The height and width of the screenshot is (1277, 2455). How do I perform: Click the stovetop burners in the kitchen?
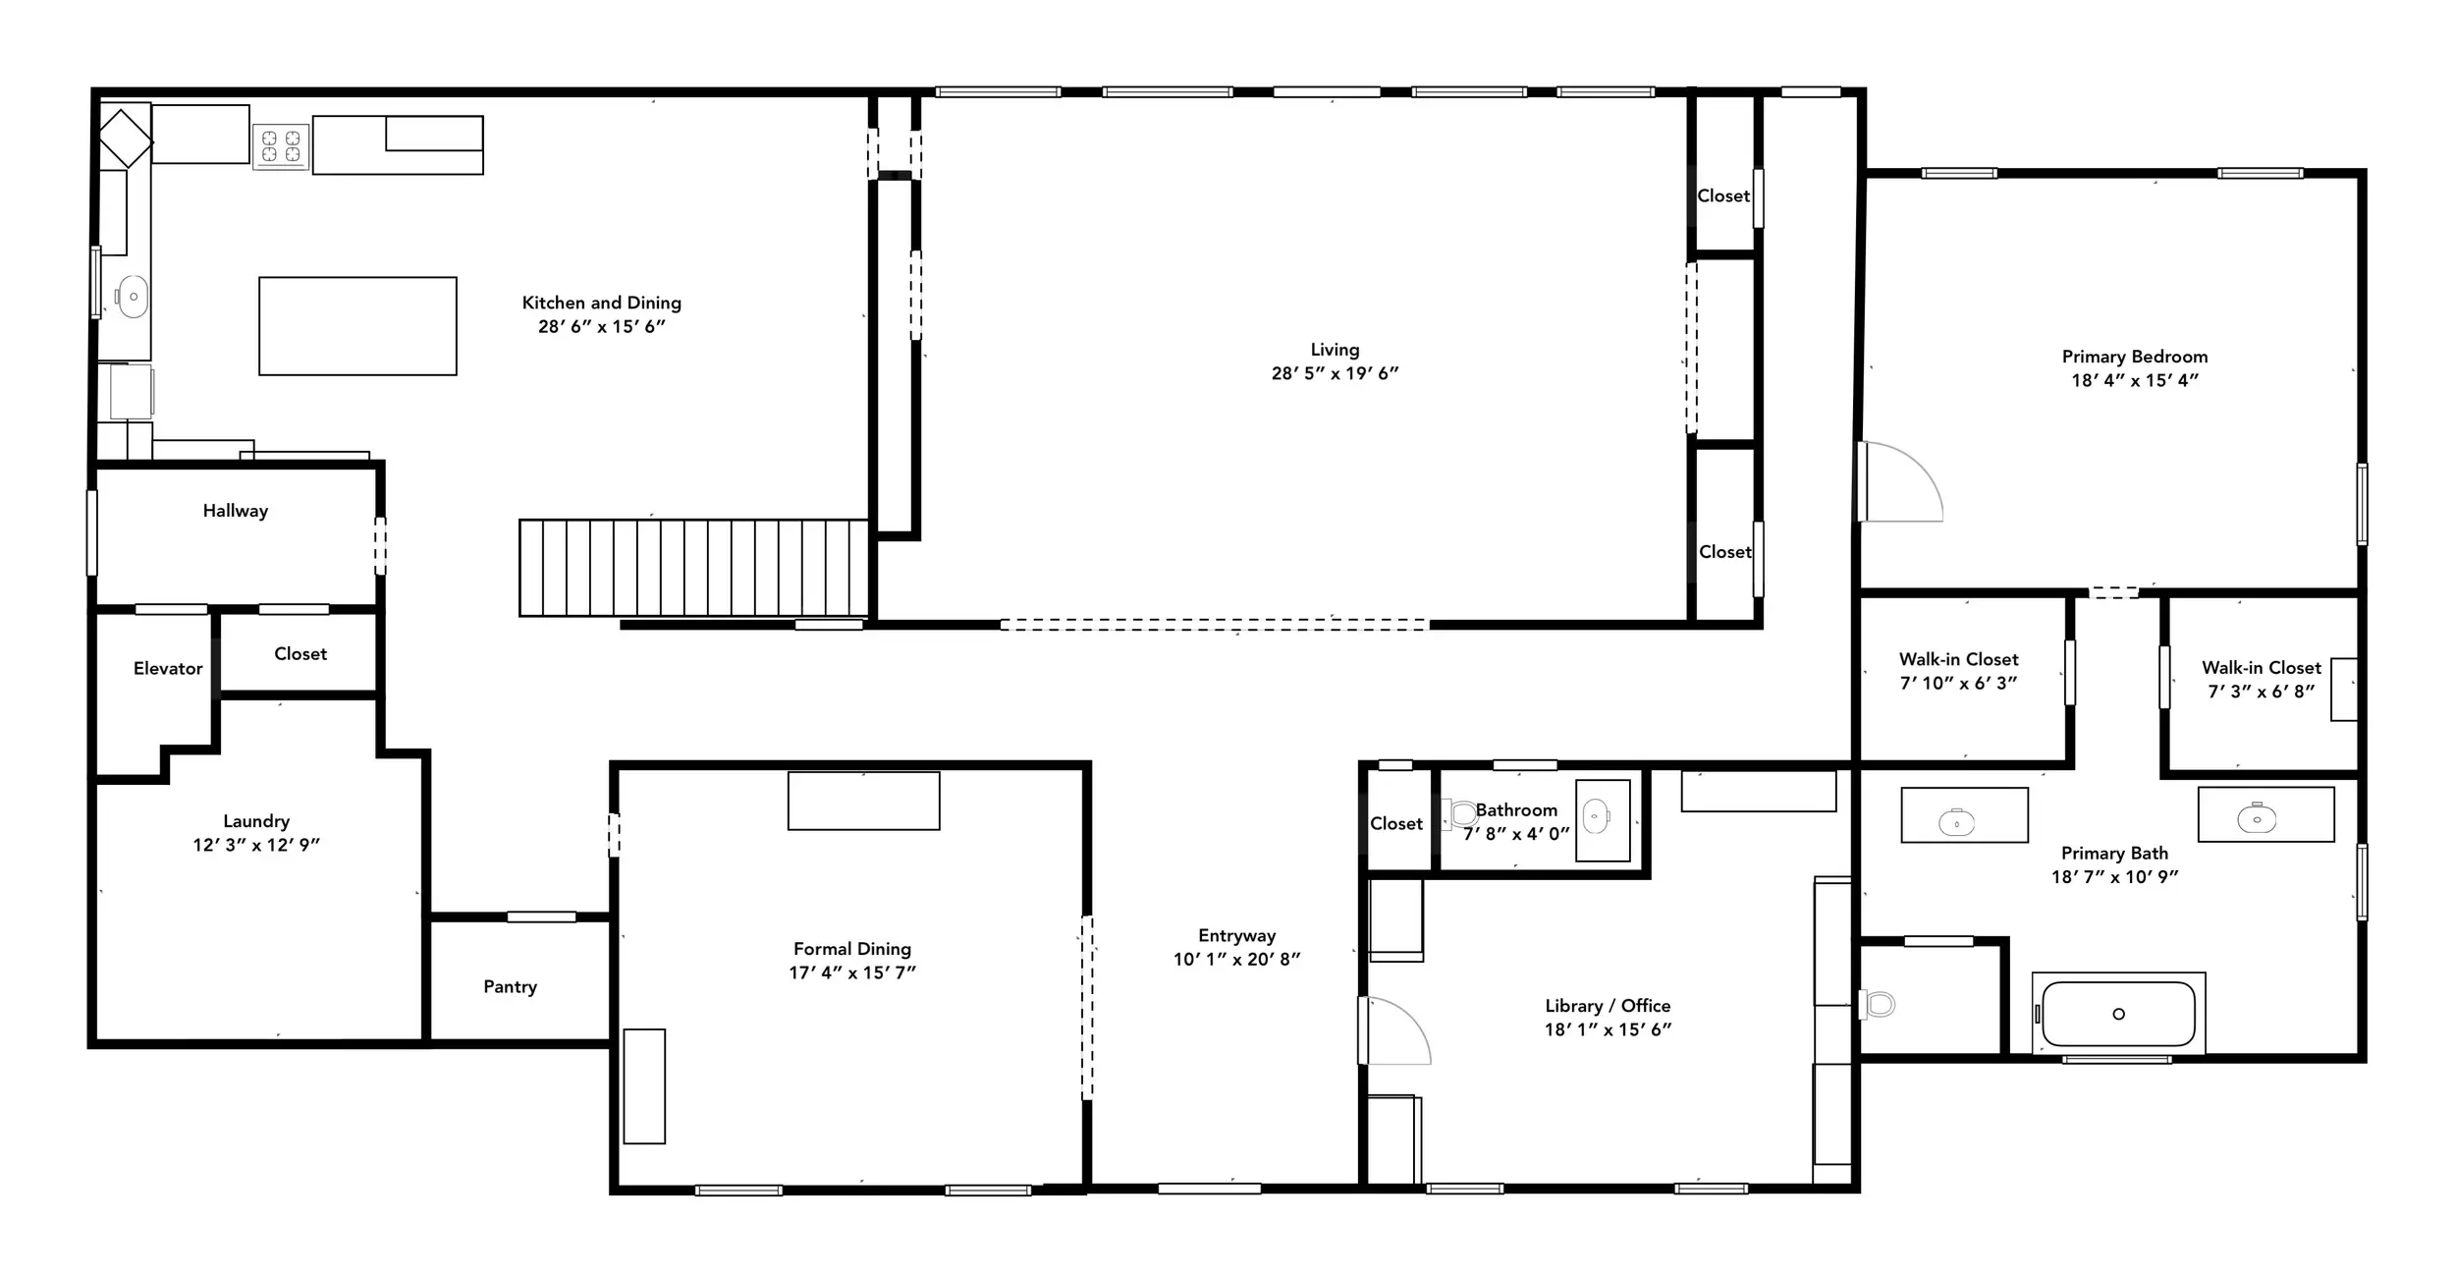click(x=281, y=146)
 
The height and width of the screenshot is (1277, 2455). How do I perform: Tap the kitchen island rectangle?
click(x=357, y=326)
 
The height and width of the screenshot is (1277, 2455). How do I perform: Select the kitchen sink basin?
click(x=132, y=297)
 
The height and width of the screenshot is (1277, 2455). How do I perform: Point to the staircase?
click(x=693, y=568)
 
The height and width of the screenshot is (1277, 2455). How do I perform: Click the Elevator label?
click(x=168, y=668)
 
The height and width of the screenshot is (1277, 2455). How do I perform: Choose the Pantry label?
click(x=510, y=986)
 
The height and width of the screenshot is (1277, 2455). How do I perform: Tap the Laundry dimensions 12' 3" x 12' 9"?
click(x=256, y=845)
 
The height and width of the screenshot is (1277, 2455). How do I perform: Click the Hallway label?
click(x=236, y=511)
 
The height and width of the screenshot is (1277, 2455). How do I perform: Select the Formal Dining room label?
click(x=852, y=949)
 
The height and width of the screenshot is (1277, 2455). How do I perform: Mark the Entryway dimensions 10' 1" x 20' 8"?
click(x=1236, y=959)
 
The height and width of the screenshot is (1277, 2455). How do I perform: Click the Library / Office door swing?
click(x=1394, y=1030)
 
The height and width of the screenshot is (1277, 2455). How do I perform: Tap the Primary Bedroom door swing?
click(x=1900, y=481)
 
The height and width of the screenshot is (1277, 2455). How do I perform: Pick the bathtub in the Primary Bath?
click(x=2118, y=1014)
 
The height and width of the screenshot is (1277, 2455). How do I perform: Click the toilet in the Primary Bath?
click(x=1878, y=1004)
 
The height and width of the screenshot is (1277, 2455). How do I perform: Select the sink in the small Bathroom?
click(x=1597, y=816)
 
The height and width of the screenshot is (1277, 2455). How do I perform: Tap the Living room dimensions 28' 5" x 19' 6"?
click(x=1335, y=373)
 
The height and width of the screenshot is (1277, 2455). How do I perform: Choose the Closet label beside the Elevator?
click(x=300, y=654)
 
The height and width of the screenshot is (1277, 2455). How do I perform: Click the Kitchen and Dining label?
click(x=601, y=303)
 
